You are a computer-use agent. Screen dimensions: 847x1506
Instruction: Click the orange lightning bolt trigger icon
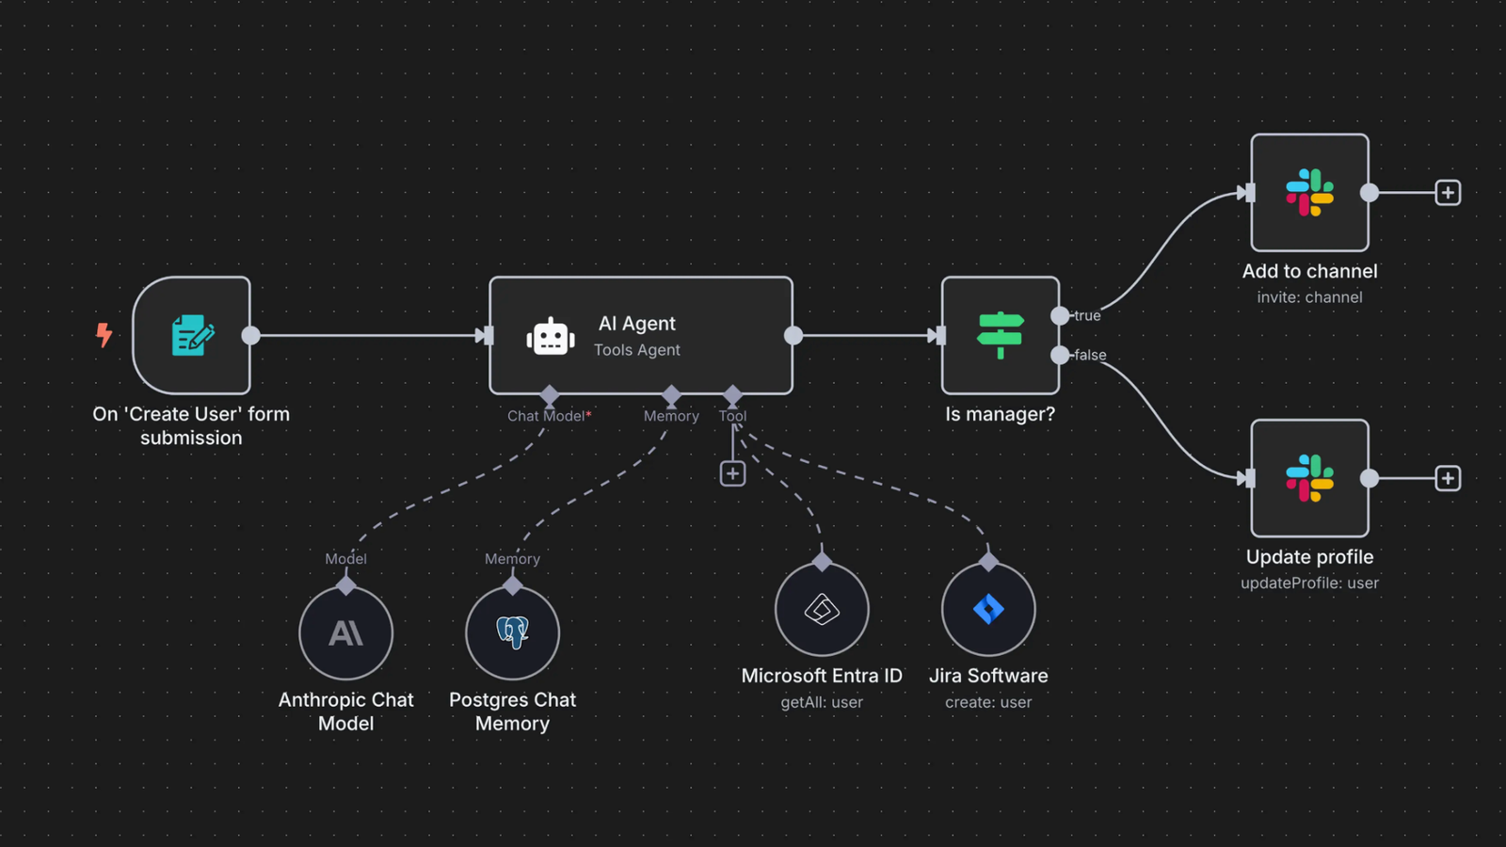104,334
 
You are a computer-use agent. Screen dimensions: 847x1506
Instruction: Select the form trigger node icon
192,335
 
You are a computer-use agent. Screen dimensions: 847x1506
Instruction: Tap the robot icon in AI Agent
551,336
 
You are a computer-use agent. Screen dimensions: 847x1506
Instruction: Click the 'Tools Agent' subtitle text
636,350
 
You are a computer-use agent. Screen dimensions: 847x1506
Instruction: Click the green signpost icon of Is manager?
1000,335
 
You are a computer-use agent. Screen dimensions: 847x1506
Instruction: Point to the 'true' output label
1087,315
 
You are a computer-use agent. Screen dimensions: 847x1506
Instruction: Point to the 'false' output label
1090,355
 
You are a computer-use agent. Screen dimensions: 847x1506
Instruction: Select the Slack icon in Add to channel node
1309,193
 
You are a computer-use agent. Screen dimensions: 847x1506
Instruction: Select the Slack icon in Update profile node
1309,478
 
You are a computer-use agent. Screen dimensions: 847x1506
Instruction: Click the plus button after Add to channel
1448,193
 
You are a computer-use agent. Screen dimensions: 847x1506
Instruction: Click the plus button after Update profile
1448,478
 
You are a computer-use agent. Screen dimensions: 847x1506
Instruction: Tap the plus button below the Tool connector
732,473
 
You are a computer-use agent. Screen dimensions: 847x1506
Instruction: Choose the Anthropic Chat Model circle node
345,632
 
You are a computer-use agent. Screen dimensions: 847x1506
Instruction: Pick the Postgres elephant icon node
512,632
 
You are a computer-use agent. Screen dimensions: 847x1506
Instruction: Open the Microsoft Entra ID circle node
822,609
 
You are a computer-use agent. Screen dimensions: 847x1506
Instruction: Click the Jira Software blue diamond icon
988,609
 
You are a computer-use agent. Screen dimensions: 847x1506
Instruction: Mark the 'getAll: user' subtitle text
821,702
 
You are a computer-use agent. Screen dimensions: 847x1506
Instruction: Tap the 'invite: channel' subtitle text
1309,297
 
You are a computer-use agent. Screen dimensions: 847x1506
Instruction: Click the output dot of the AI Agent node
793,335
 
